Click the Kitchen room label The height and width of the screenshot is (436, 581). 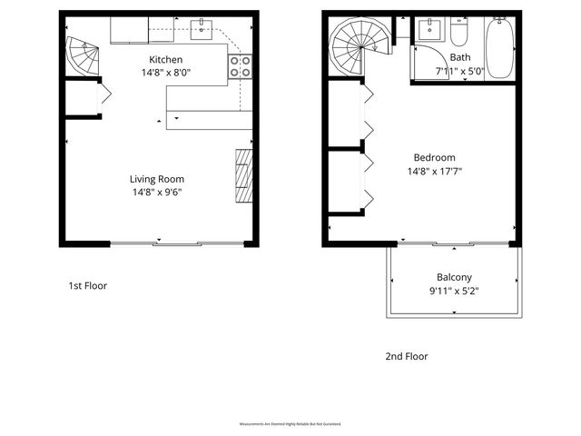[167, 59]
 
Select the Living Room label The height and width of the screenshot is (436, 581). [157, 178]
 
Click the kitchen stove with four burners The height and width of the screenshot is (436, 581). [241, 66]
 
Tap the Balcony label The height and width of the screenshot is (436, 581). [453, 277]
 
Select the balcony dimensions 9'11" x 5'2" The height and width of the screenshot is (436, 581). [453, 292]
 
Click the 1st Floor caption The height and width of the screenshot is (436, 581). [88, 285]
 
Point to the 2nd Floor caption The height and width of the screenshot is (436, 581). [406, 356]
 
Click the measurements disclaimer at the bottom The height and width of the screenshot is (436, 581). [290, 424]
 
